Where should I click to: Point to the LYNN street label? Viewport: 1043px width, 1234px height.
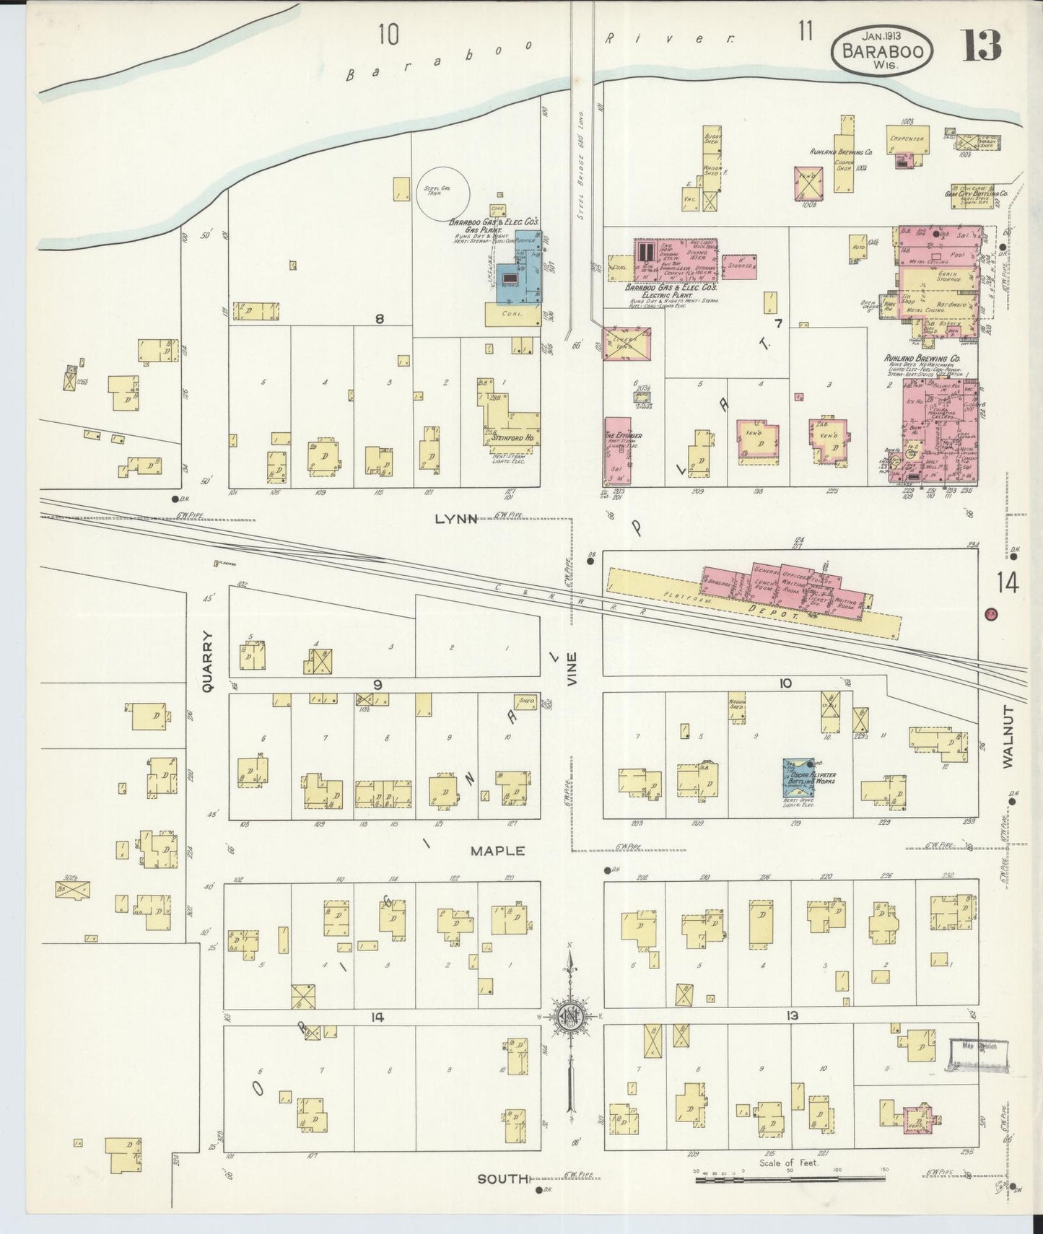coord(456,519)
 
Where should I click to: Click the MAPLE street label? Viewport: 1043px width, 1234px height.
coord(497,851)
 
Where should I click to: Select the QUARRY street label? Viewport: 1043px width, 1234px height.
coord(208,662)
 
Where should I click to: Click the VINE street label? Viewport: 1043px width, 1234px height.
coord(572,668)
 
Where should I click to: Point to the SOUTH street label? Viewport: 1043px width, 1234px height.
coord(503,1178)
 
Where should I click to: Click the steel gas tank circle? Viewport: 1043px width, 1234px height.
coord(442,194)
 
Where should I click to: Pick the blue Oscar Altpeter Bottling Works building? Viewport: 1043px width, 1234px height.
coord(800,777)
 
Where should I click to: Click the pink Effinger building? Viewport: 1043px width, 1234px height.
coord(618,450)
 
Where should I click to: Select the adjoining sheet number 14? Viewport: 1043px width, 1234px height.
coord(1008,582)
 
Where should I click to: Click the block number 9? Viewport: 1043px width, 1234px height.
coord(378,684)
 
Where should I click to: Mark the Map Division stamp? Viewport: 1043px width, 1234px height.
coord(978,1053)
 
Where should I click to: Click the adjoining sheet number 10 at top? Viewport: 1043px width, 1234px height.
coord(388,34)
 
